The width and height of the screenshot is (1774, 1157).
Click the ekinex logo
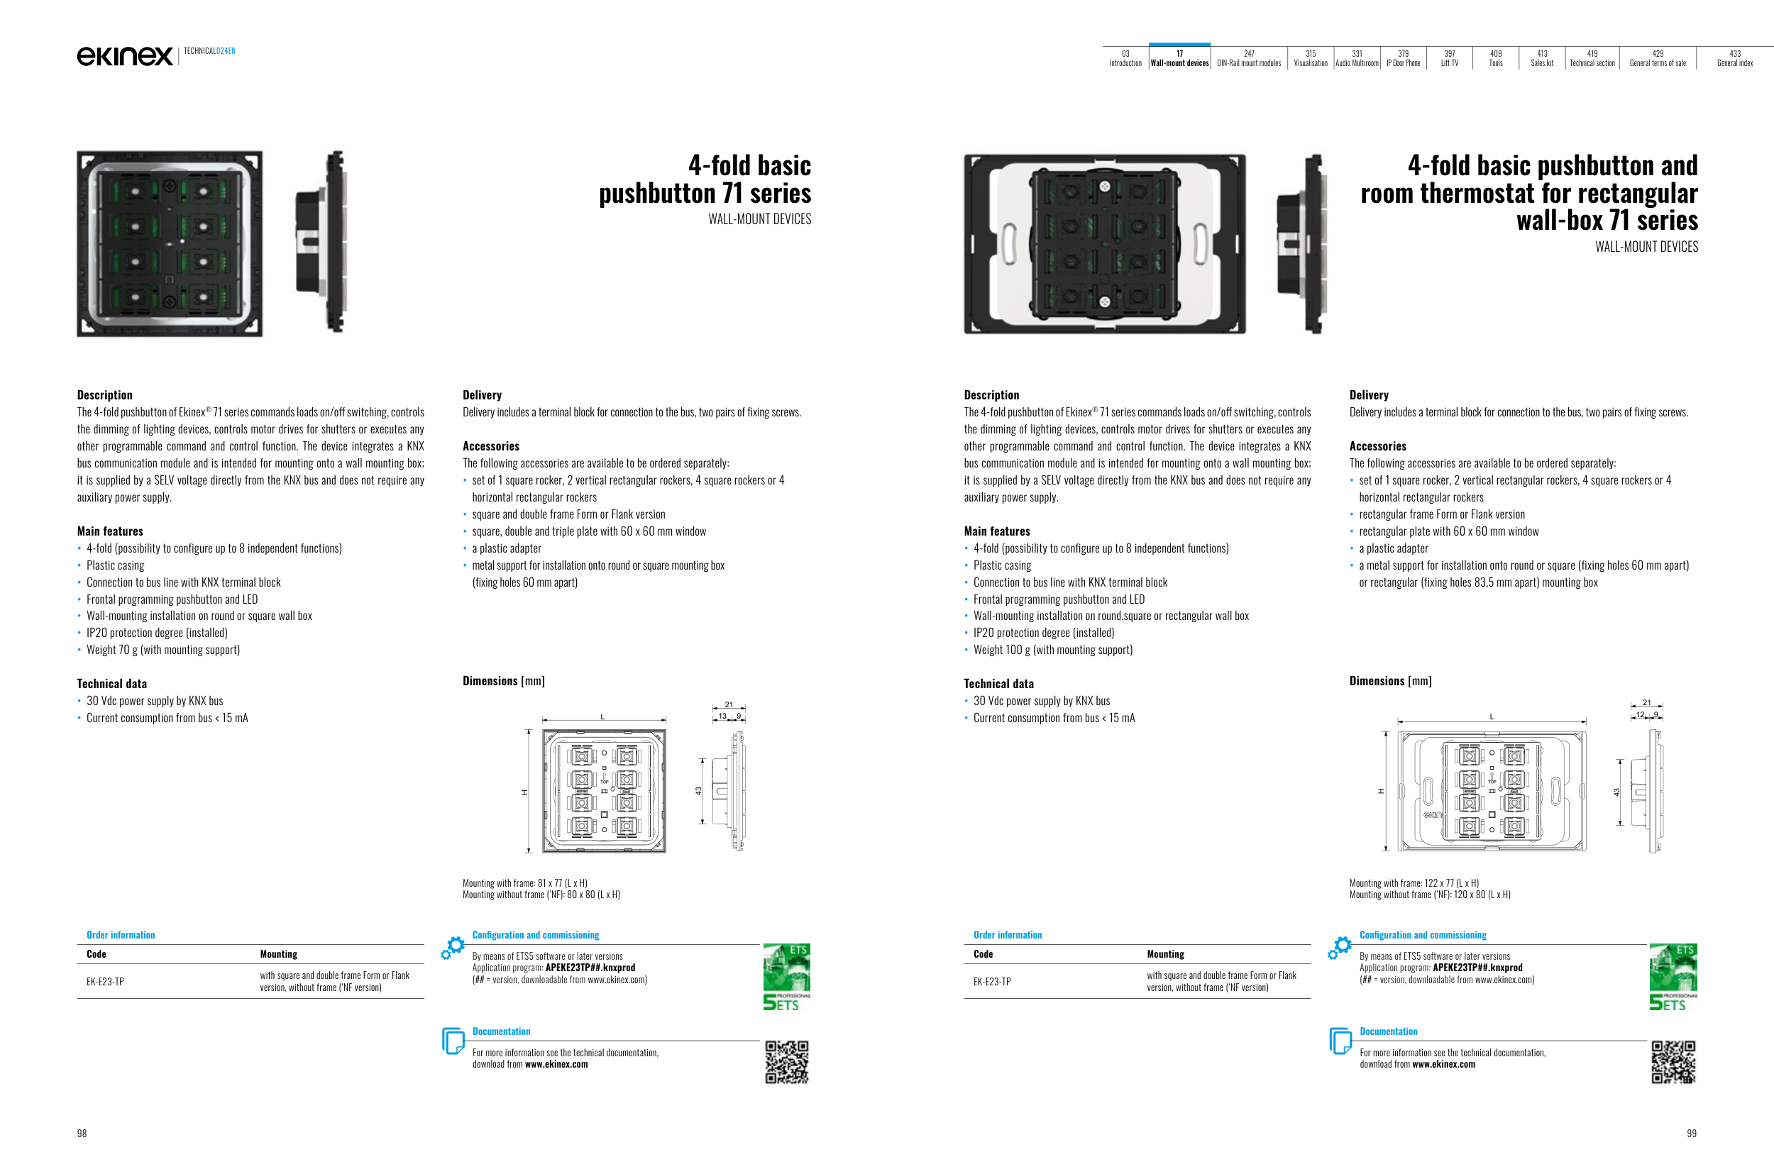pyautogui.click(x=124, y=56)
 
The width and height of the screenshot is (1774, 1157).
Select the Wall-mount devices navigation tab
pyautogui.click(x=1179, y=58)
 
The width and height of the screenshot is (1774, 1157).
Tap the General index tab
pyautogui.click(x=1734, y=58)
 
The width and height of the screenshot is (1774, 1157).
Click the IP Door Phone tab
pyautogui.click(x=1403, y=58)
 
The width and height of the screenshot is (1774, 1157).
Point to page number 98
pyautogui.click(x=82, y=1133)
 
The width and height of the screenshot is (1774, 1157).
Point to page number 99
pyautogui.click(x=1691, y=1133)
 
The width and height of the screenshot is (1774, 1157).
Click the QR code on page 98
pyautogui.click(x=786, y=1062)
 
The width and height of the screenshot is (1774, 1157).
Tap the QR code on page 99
pyautogui.click(x=1673, y=1062)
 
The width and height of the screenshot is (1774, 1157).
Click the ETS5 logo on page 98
pyautogui.click(x=786, y=977)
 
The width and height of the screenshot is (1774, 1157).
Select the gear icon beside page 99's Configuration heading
pyautogui.click(x=1340, y=947)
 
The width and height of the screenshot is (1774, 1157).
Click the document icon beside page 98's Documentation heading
pyautogui.click(x=453, y=1041)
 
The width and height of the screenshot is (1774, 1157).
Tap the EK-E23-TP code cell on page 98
pyautogui.click(x=105, y=982)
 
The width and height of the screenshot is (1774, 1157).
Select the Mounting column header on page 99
pyautogui.click(x=1165, y=954)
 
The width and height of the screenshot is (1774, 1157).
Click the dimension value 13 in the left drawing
pyautogui.click(x=722, y=716)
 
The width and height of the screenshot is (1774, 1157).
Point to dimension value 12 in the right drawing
pyautogui.click(x=1640, y=715)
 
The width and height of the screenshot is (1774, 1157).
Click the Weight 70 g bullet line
pyautogui.click(x=163, y=650)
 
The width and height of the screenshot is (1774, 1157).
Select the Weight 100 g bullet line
pyautogui.click(x=1052, y=650)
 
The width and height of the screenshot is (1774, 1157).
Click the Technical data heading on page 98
pyautogui.click(x=112, y=684)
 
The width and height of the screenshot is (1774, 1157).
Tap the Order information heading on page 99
pyautogui.click(x=1007, y=935)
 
